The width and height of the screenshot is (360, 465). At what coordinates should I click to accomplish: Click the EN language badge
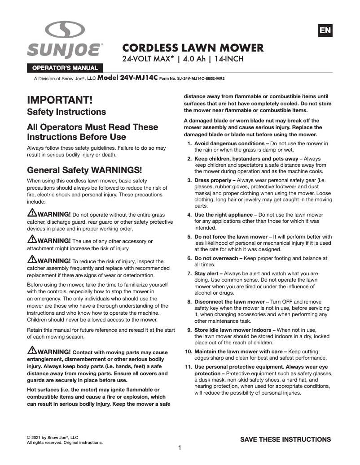(x=325, y=30)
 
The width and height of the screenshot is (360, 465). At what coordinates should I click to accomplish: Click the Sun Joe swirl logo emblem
(x=65, y=30)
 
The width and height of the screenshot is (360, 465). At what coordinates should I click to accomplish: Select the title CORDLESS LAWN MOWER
(x=193, y=48)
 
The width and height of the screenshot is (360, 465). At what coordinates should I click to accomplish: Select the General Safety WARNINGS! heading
(x=84, y=170)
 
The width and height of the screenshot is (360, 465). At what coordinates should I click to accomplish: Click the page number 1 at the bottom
(x=180, y=448)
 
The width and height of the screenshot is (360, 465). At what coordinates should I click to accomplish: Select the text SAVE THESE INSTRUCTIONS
(x=285, y=439)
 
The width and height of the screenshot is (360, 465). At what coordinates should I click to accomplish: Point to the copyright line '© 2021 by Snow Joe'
(x=53, y=437)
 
